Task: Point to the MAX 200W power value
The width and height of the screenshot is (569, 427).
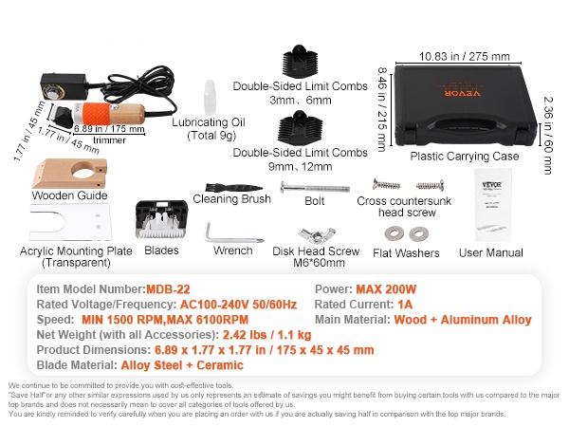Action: tap(388, 288)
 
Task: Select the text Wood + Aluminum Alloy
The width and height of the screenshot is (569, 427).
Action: tap(461, 320)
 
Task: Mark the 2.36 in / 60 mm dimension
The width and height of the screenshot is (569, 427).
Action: tap(549, 132)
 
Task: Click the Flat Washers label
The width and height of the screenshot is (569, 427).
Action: tap(405, 253)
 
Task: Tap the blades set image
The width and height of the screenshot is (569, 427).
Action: tap(160, 220)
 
